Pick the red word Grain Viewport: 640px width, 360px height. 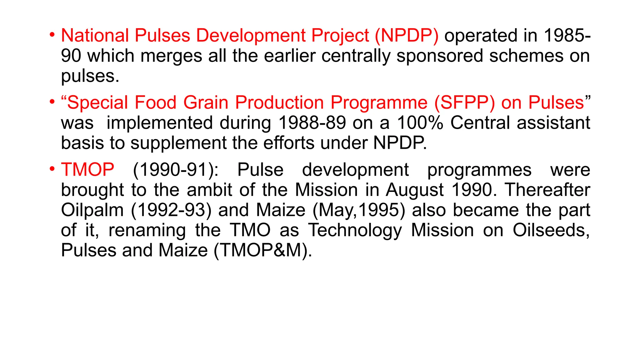click(206, 102)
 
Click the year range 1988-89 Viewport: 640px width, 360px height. click(312, 123)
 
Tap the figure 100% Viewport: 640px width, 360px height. click(420, 123)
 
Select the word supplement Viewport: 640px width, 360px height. click(178, 143)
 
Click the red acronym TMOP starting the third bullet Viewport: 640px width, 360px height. click(87, 170)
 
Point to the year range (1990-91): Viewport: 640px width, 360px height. click(176, 170)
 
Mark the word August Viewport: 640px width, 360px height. click(414, 190)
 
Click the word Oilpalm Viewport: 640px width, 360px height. click(92, 210)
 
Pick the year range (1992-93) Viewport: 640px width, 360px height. click(171, 210)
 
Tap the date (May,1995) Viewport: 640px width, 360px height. click(358, 210)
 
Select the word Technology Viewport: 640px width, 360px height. click(355, 230)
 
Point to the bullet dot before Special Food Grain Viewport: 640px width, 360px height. click(52, 102)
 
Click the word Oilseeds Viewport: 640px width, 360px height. click(551, 230)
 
